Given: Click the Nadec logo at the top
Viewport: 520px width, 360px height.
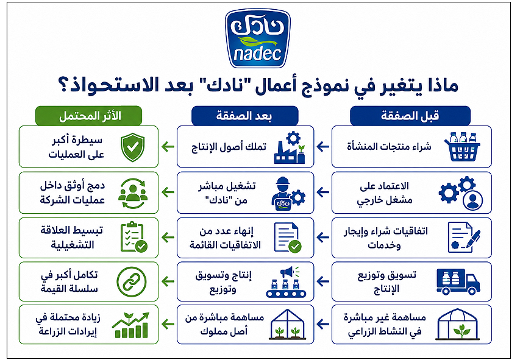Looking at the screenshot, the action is (257, 38).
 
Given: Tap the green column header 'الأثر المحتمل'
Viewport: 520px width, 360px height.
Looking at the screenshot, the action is (89, 116).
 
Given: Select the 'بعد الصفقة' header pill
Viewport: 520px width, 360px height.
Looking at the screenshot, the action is (244, 116).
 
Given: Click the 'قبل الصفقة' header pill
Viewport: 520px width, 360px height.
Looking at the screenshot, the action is (410, 116).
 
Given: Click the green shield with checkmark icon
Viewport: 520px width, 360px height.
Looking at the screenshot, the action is (133, 147).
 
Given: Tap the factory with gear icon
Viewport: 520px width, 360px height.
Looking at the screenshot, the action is (290, 147).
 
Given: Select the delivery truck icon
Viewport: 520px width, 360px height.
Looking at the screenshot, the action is (458, 281).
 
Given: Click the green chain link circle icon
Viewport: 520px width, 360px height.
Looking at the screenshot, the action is (132, 282).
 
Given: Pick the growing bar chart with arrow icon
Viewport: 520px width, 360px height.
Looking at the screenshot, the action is (130, 325).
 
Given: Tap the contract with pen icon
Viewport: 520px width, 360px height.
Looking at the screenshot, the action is (464, 237).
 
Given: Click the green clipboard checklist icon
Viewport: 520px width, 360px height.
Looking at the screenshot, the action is (134, 236).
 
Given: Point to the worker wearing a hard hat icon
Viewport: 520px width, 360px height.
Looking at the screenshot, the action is (288, 193).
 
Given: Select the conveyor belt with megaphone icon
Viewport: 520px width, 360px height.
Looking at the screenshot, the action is (286, 281).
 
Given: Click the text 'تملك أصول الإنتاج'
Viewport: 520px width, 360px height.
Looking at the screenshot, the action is (229, 147).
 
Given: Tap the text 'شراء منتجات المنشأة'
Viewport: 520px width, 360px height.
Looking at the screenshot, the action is (389, 147).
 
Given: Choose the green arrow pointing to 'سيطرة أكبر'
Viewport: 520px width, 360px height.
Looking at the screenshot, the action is (168, 147).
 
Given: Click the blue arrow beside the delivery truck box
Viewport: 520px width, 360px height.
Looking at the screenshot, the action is (323, 281).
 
